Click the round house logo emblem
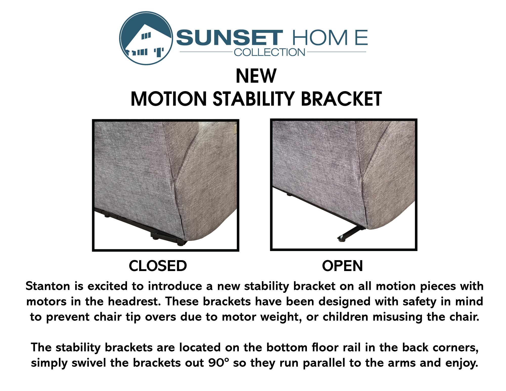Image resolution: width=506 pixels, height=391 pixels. click(146, 38)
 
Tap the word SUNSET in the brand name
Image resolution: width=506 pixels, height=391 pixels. click(229, 38)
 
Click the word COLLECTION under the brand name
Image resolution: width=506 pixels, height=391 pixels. click(270, 52)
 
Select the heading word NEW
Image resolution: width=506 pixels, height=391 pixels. click(256, 76)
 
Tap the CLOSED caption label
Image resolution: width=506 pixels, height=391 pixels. click(158, 266)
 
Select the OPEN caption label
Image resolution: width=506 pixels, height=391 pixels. click(343, 266)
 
